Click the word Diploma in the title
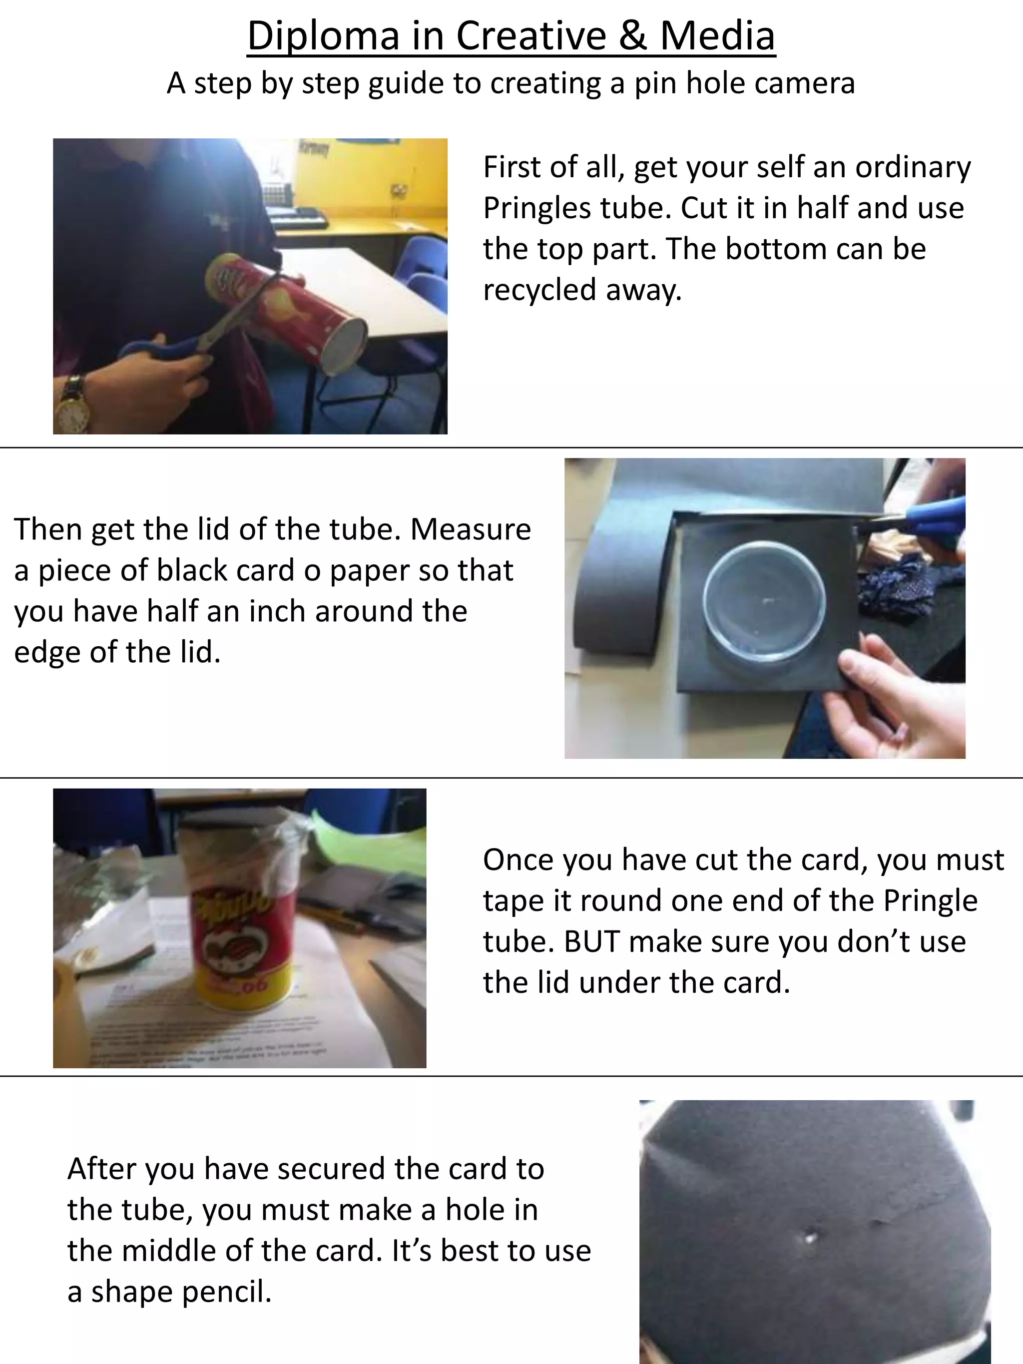[x=324, y=36]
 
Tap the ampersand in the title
[x=633, y=36]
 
